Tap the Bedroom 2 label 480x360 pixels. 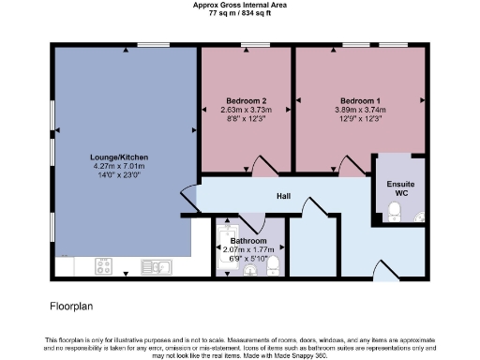(x=247, y=100)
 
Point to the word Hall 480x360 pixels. (x=282, y=196)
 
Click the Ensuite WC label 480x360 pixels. (x=400, y=188)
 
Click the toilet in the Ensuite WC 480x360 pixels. (x=395, y=211)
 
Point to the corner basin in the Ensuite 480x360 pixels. (x=418, y=217)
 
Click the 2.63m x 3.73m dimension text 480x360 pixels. (x=247, y=111)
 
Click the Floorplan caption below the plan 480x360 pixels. (x=71, y=306)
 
